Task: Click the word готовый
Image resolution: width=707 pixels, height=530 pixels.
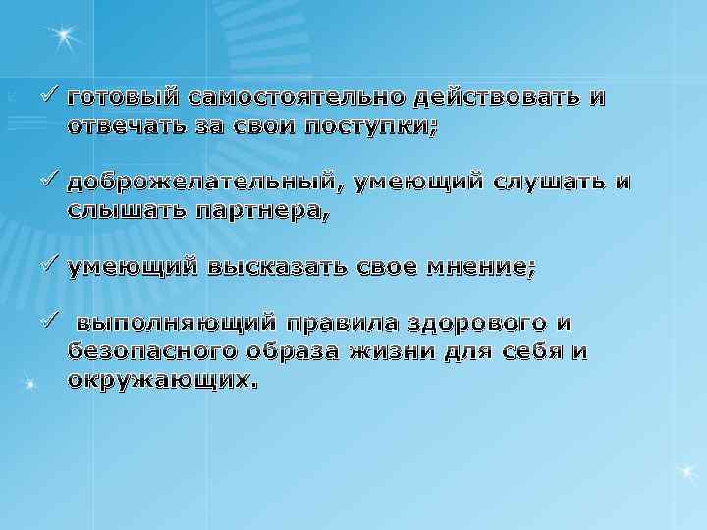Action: click(x=124, y=99)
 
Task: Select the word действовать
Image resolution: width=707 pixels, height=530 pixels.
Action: click(x=500, y=99)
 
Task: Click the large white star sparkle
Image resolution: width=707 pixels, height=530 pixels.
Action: click(x=65, y=37)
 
